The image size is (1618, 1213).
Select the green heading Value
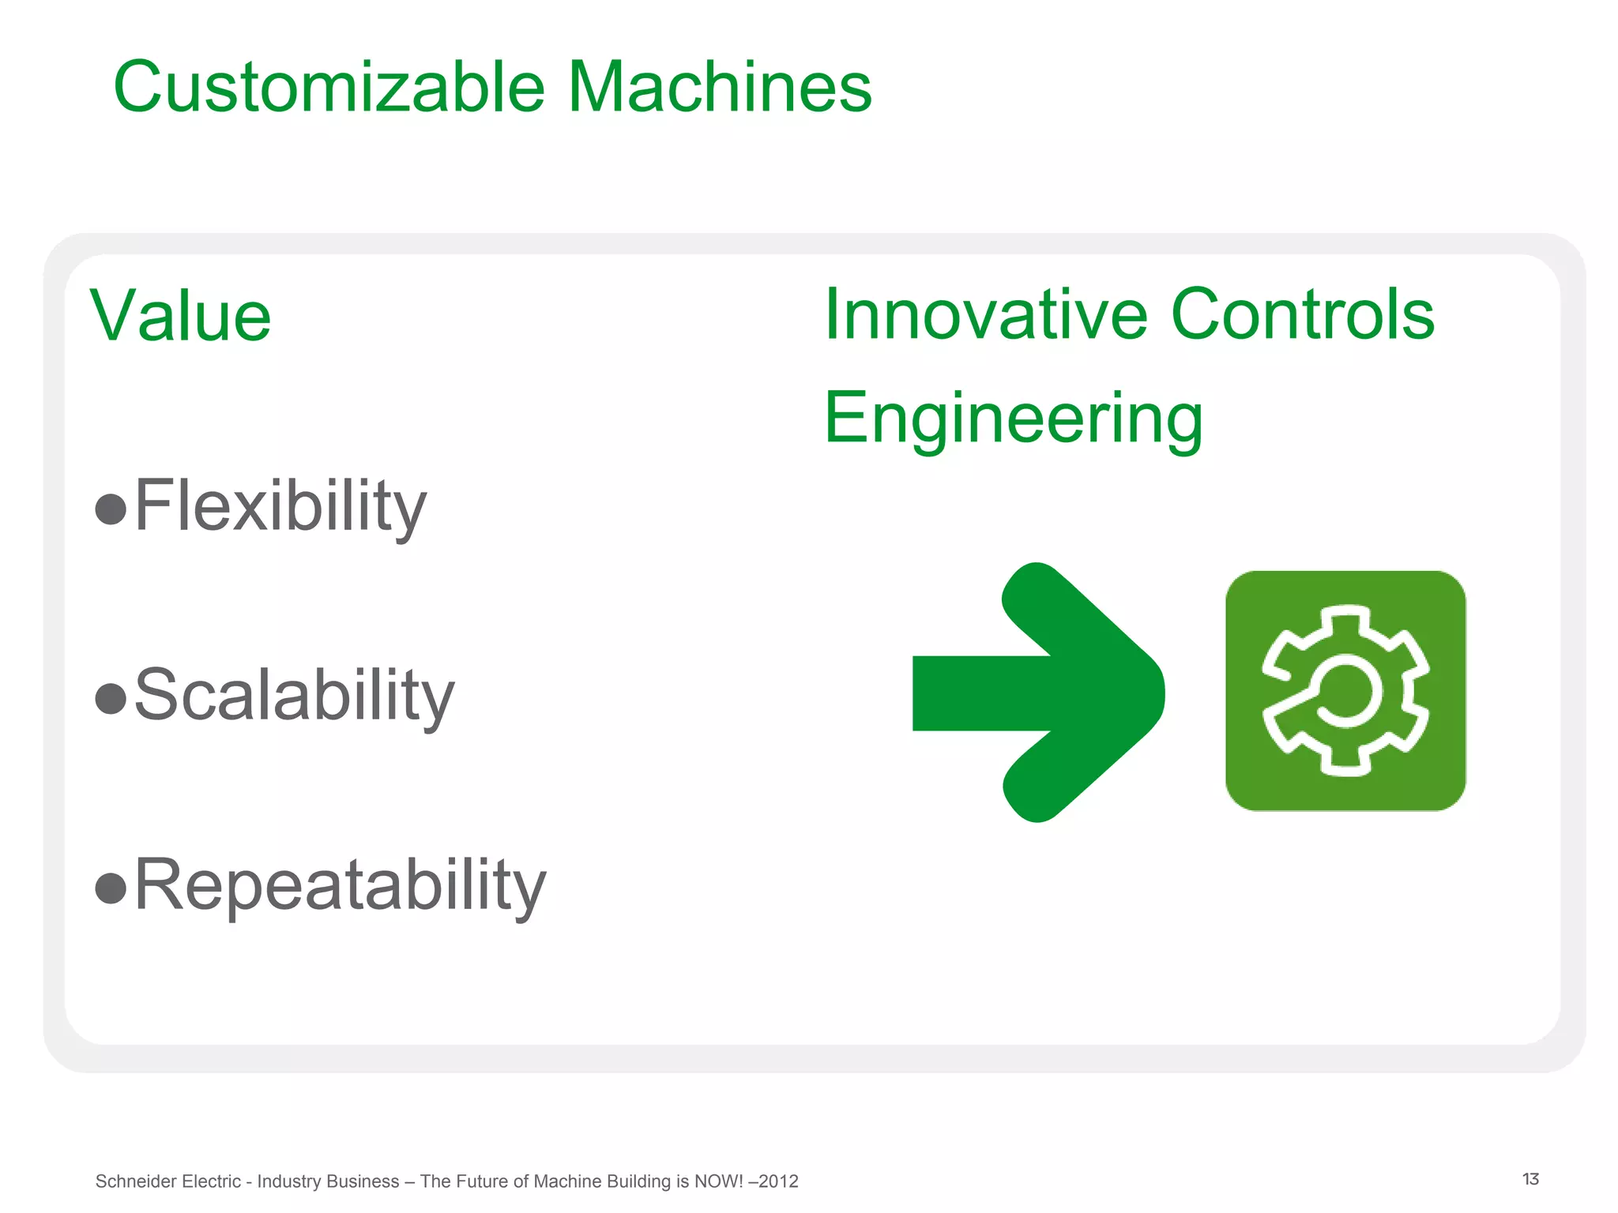180,317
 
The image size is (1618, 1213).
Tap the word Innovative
984,314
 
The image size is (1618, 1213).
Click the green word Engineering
1013,419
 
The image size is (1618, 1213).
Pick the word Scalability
294,695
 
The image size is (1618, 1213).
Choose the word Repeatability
340,884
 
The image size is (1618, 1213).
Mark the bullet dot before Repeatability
111,888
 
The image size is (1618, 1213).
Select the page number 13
1530,1179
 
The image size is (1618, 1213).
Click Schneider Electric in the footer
167,1181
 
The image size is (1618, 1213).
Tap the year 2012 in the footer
777,1181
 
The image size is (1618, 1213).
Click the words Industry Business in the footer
328,1181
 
